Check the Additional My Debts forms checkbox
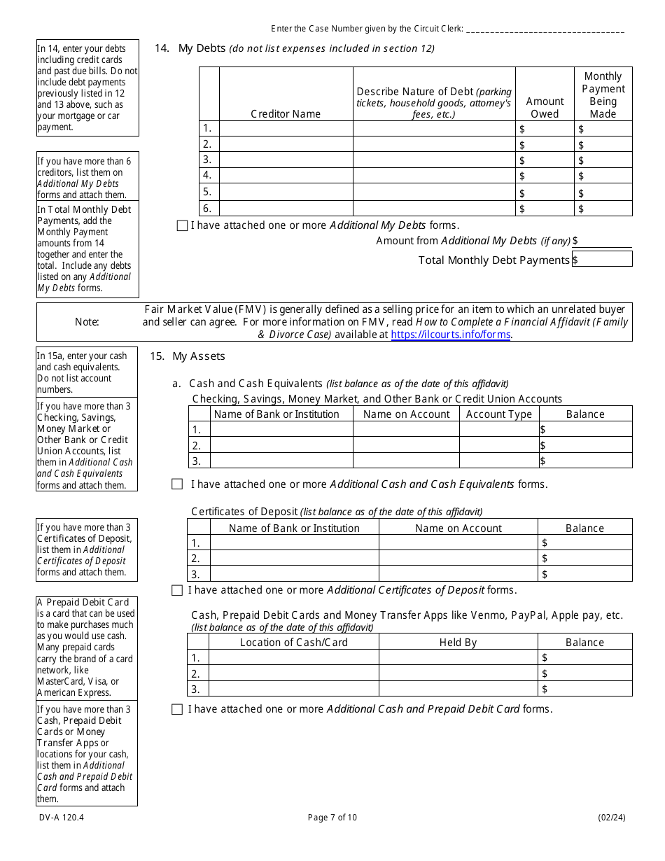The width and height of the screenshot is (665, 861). tap(182, 225)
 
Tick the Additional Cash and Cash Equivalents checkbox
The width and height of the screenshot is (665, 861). tap(177, 484)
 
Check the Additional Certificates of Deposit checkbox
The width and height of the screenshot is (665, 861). tap(177, 590)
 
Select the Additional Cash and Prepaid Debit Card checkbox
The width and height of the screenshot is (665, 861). tap(177, 709)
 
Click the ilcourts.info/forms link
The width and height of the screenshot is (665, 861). tap(450, 335)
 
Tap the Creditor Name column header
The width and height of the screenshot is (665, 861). tap(286, 113)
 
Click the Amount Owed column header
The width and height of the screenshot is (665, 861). tap(545, 107)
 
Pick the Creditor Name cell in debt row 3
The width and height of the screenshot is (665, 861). tap(286, 160)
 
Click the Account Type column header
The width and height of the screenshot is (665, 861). tap(499, 414)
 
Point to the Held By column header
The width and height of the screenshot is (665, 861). tap(458, 642)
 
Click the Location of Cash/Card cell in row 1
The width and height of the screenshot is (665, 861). tap(294, 657)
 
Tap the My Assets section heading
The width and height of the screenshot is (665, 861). tap(199, 356)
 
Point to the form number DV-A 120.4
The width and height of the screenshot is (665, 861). tap(55, 817)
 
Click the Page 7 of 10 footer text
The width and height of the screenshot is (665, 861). tap(332, 817)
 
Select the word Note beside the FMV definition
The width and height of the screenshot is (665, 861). tap(87, 322)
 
